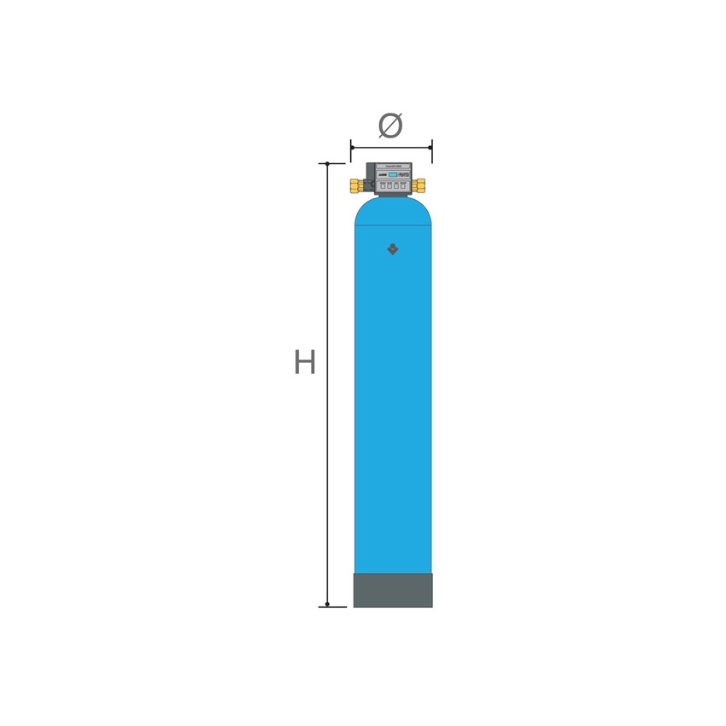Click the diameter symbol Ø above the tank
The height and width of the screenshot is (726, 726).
[x=390, y=126]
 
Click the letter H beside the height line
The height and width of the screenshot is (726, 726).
[x=305, y=362]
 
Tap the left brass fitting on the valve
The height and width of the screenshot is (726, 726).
[x=355, y=184]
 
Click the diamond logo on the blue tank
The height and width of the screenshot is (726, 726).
[x=392, y=250]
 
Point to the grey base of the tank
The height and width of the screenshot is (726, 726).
[x=393, y=590]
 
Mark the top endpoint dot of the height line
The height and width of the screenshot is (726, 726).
[x=327, y=163]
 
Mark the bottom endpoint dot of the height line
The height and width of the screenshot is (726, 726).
[x=327, y=606]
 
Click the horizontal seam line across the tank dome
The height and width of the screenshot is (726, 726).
[x=393, y=225]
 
